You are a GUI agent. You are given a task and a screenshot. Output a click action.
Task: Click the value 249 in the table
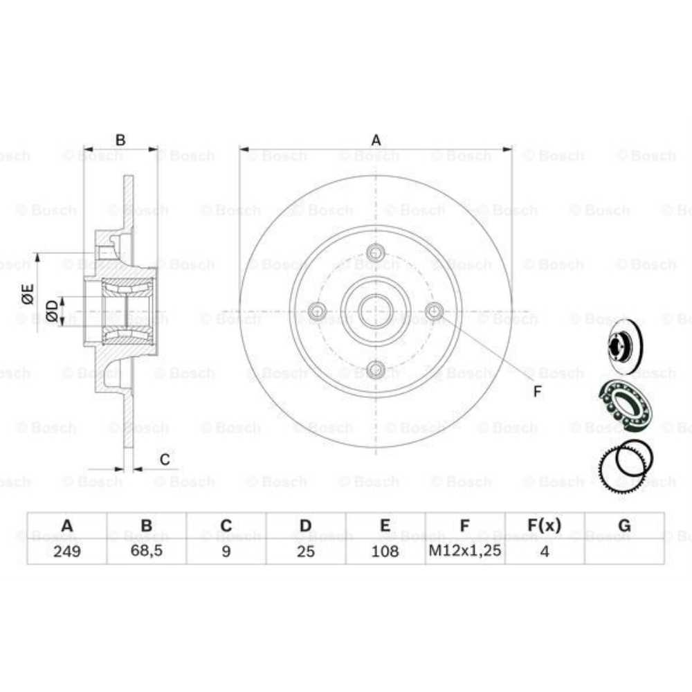66,551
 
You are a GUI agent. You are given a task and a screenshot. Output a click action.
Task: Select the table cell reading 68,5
146,551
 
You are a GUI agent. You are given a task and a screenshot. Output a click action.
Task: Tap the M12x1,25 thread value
465,551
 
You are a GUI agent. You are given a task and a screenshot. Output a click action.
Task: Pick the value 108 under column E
385,551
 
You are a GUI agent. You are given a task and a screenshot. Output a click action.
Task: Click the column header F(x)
545,526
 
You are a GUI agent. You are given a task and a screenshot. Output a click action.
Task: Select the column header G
624,526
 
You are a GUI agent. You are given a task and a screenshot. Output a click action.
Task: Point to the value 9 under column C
226,551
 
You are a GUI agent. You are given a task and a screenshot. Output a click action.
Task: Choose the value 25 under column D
305,551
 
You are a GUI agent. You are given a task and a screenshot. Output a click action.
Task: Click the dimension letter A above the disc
376,140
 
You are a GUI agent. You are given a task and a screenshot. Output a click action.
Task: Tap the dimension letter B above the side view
120,140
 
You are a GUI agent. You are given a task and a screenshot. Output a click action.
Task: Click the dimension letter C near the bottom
165,459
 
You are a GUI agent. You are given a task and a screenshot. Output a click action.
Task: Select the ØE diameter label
28,293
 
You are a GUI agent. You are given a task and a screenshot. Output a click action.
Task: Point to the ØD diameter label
52,311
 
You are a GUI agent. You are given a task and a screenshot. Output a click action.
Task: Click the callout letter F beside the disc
537,392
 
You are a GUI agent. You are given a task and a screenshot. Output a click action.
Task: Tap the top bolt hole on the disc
376,252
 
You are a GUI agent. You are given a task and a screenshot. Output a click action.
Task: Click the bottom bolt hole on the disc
376,369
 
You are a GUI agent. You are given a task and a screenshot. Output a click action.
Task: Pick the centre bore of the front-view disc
376,311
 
